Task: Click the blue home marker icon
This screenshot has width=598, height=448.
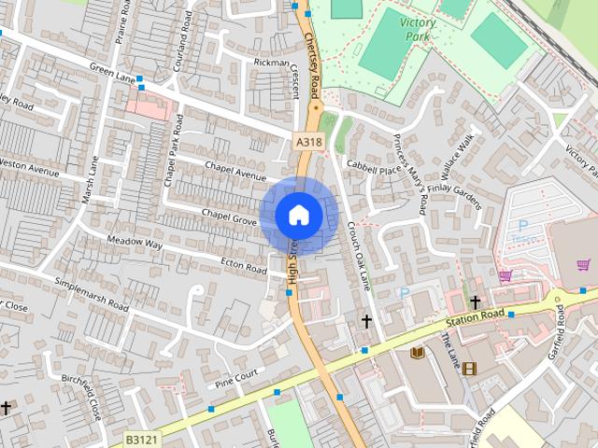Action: (298, 215)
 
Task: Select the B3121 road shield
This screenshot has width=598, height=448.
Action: (141, 437)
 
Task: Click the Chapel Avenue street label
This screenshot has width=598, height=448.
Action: (235, 172)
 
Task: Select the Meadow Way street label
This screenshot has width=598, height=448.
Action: (135, 243)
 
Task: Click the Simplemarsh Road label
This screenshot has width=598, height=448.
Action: (92, 293)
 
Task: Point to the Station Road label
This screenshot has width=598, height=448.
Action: (475, 318)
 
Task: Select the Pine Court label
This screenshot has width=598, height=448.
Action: (235, 379)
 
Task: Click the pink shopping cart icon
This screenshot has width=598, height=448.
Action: (505, 276)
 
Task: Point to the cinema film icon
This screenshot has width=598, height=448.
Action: (469, 368)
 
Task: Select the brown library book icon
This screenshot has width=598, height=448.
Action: (418, 352)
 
